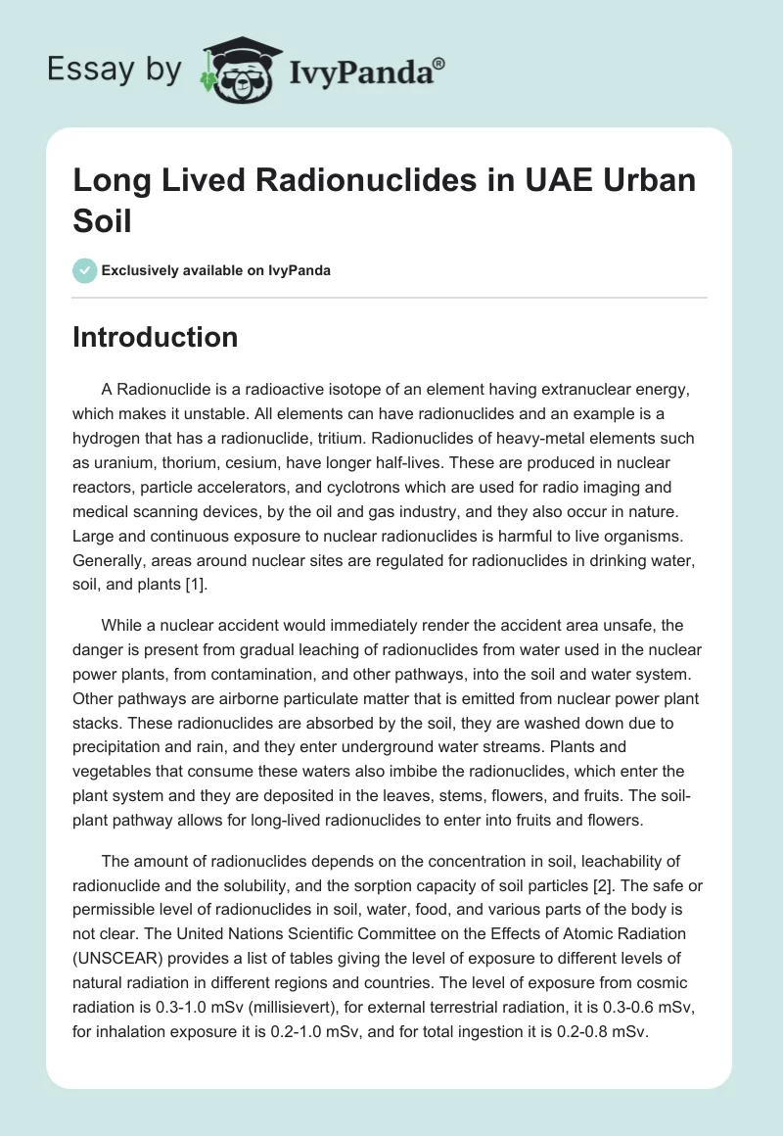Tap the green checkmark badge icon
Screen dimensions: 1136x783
click(x=85, y=270)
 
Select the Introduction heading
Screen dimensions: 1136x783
click(x=156, y=337)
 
